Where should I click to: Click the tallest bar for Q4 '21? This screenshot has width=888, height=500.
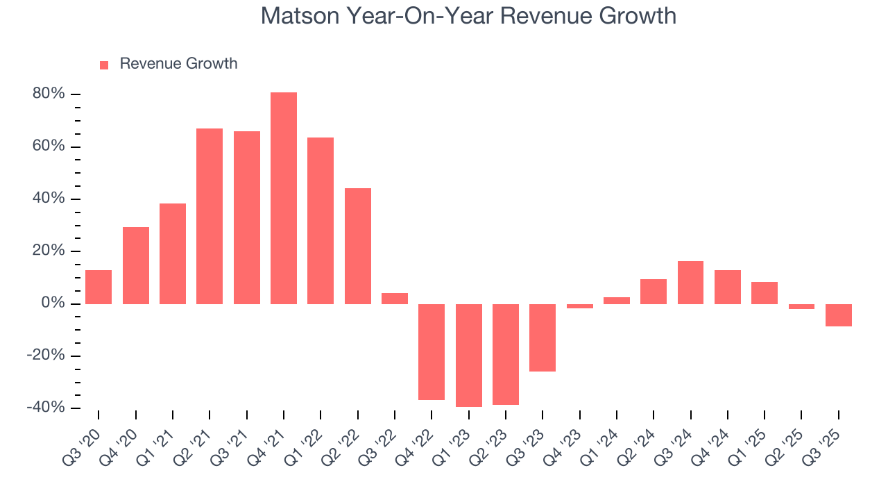(284, 198)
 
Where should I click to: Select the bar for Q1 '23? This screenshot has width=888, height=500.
(468, 355)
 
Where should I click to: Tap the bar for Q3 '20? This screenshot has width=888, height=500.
(99, 287)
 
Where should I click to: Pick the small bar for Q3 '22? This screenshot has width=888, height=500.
(395, 299)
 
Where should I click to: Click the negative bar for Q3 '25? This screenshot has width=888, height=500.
(838, 315)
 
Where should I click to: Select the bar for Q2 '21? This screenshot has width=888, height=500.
(210, 216)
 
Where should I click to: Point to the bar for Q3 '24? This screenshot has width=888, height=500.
(690, 283)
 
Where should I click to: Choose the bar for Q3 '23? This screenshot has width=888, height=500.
(543, 337)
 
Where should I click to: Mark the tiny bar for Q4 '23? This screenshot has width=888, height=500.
(579, 306)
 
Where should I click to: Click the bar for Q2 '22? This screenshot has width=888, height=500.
(358, 246)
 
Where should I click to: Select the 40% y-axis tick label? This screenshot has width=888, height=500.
(49, 199)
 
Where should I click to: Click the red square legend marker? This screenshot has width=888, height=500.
(104, 65)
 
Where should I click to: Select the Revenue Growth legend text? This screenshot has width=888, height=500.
(178, 64)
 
